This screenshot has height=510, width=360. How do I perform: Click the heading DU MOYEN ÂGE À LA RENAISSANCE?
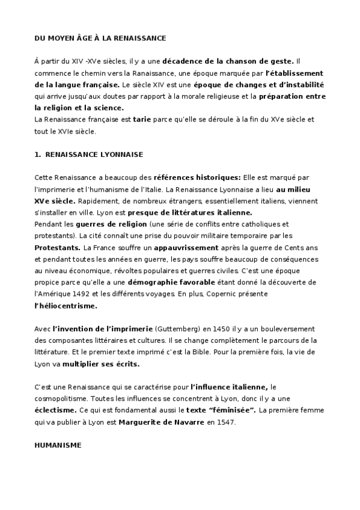pyautogui.click(x=100, y=38)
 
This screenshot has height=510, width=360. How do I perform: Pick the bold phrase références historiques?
pyautogui.click(x=197, y=178)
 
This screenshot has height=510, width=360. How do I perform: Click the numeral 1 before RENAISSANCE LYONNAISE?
pyautogui.click(x=37, y=155)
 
